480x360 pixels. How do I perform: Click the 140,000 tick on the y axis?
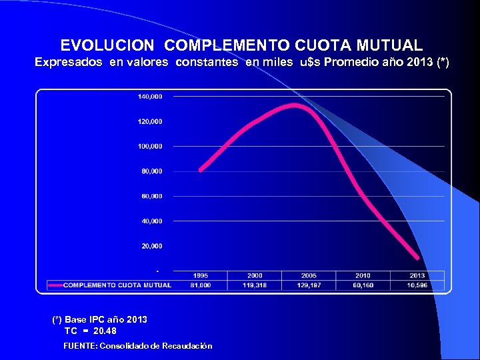point(150,97)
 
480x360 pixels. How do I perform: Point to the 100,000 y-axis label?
point(150,146)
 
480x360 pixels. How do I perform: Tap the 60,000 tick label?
point(151,196)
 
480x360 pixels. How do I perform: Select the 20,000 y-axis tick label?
point(151,246)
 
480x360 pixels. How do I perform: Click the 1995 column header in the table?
point(200,275)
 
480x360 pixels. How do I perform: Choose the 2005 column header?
point(308,275)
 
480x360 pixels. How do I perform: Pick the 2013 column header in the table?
point(417,275)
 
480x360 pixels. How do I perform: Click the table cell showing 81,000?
point(200,285)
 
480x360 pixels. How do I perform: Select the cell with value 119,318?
point(254,285)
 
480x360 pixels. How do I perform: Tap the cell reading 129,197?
point(308,285)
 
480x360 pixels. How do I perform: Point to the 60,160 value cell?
point(363,285)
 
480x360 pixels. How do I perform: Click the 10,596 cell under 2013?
point(417,285)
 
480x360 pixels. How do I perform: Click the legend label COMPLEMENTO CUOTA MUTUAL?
point(117,285)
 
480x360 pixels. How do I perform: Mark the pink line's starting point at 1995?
point(201,170)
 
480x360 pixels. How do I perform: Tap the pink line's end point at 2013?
point(417,258)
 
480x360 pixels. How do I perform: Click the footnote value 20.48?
point(104,331)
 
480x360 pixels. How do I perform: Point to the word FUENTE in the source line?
point(79,346)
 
